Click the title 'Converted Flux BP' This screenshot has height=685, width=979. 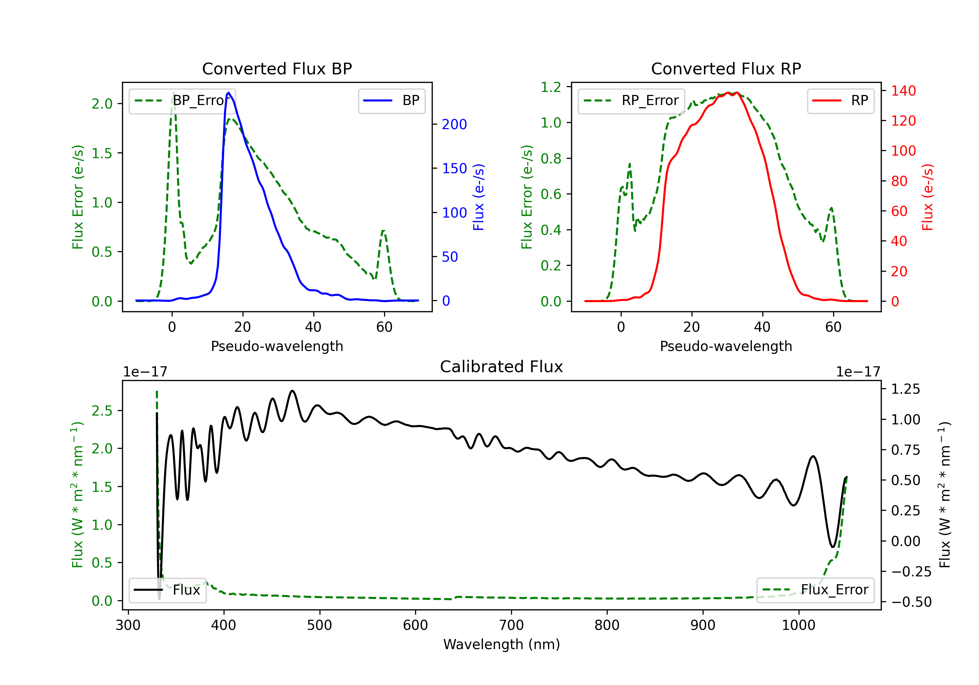point(277,68)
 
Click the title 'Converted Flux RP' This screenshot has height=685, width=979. point(726,68)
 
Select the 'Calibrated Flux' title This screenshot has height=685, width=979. point(502,367)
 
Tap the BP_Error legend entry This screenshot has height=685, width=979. point(182,100)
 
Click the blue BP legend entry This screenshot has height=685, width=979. point(391,100)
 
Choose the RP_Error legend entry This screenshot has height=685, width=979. point(631,100)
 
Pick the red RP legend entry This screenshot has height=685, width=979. point(840,100)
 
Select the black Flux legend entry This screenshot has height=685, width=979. point(167,590)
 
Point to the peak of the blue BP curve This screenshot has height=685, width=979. point(228,93)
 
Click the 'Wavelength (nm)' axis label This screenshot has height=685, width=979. point(502,644)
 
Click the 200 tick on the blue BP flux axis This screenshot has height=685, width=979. point(454,125)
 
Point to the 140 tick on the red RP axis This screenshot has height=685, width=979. point(904,91)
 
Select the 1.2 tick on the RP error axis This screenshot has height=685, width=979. point(551,87)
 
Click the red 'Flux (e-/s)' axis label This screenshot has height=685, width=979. point(928,197)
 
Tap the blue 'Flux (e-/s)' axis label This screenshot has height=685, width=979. point(479,197)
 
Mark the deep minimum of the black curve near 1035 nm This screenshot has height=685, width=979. point(832,547)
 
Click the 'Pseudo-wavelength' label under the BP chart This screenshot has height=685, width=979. point(277,346)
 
